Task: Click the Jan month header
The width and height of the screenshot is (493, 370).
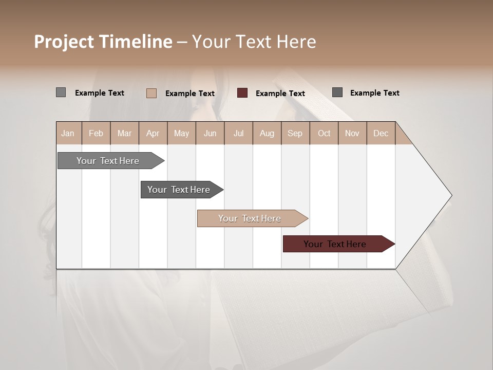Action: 68,133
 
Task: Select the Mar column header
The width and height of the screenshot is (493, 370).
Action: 124,133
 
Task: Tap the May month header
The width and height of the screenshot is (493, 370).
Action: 181,133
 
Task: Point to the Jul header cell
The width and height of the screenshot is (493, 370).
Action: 238,133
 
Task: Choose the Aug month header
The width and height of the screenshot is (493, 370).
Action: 267,133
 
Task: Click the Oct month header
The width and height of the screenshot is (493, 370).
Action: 324,133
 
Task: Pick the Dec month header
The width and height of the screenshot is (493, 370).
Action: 381,133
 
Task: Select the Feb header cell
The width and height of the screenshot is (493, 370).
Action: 96,133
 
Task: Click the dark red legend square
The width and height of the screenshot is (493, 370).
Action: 242,93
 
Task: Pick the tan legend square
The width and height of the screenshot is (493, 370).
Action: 151,93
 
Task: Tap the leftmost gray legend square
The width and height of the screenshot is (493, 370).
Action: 61,92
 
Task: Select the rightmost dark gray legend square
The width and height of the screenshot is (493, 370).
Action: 337,92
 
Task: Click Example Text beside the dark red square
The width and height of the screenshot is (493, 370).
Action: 280,94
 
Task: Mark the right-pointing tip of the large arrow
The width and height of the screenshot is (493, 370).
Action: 451,195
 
